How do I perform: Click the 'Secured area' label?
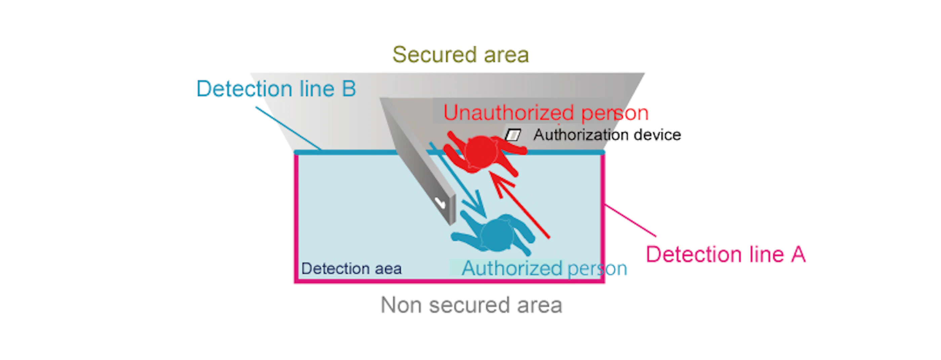tap(460, 55)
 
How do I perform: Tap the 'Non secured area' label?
tap(471, 305)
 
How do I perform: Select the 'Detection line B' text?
tap(276, 89)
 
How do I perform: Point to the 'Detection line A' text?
tap(726, 254)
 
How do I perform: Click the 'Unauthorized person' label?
tap(546, 113)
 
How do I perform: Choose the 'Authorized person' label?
tap(544, 269)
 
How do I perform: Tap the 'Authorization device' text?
tap(607, 135)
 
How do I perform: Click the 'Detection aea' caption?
tap(352, 269)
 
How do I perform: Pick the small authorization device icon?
tap(513, 135)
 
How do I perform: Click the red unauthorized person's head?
tap(482, 152)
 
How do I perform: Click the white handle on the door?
tap(440, 202)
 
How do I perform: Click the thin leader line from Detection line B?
tap(289, 128)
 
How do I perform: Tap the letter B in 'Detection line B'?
tap(349, 89)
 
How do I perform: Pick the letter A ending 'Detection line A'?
tap(799, 254)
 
